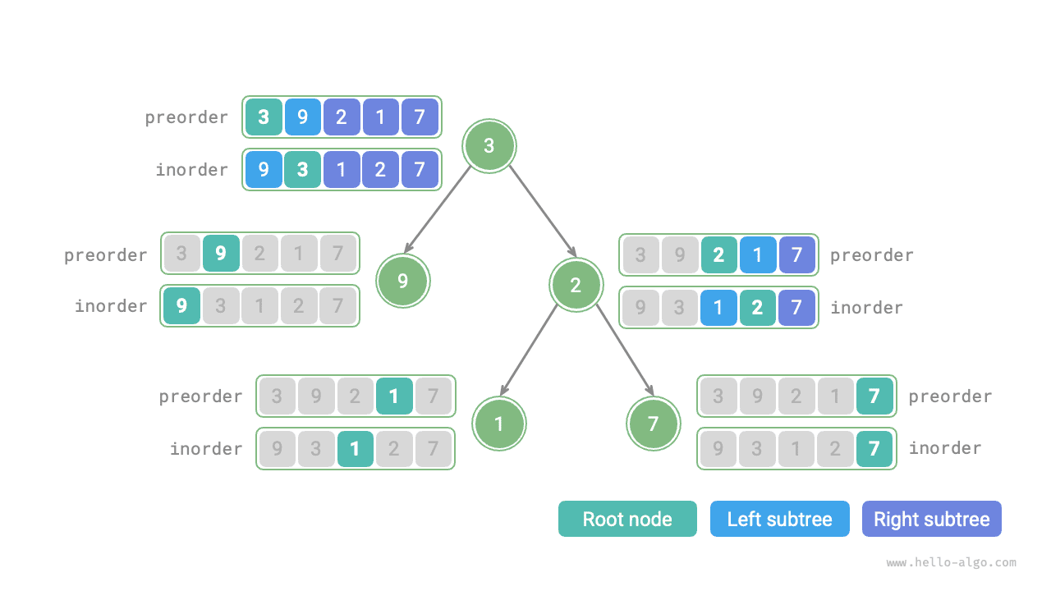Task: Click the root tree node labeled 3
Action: (x=489, y=146)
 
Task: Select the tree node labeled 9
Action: (x=402, y=281)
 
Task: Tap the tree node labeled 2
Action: (x=576, y=285)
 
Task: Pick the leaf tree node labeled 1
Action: (x=499, y=424)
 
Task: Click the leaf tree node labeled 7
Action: (x=654, y=424)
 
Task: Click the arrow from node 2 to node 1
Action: (x=529, y=350)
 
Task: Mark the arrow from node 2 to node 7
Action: (x=625, y=350)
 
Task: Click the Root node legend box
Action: (x=627, y=519)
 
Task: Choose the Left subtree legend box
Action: (x=779, y=519)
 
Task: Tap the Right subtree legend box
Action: (x=931, y=519)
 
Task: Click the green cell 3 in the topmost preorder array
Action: (x=264, y=117)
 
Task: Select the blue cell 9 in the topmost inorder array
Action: (x=264, y=169)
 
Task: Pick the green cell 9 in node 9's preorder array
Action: (x=221, y=254)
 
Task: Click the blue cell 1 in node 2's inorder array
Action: (x=718, y=308)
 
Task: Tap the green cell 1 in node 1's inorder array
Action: (x=355, y=449)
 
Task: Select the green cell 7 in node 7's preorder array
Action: (x=874, y=396)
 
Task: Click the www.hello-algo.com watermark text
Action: (x=951, y=563)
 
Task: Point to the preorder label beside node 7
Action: (x=950, y=396)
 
